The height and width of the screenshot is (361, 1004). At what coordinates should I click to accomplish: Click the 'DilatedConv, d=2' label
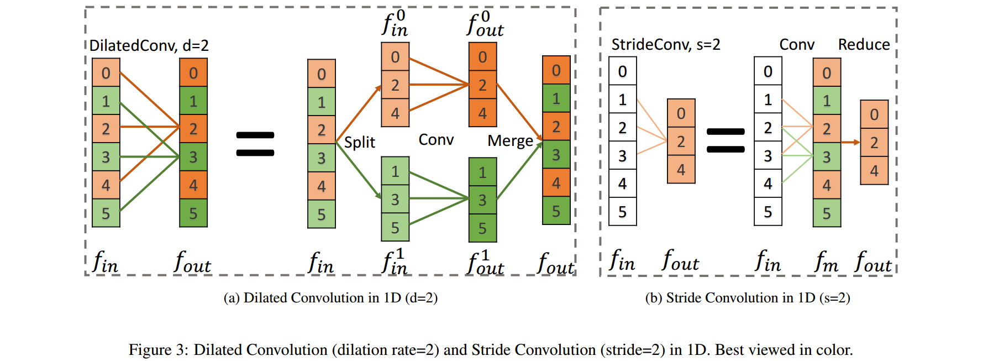[149, 45]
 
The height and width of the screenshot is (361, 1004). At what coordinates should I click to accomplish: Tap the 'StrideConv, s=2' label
[665, 44]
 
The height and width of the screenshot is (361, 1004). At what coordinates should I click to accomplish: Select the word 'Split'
[359, 143]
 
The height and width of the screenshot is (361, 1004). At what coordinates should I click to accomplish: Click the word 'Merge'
[509, 141]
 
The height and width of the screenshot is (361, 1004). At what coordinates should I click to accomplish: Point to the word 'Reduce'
[864, 44]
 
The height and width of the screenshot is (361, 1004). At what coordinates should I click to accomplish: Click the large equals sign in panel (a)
[255, 144]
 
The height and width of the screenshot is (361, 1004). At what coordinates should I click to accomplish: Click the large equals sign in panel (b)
[726, 140]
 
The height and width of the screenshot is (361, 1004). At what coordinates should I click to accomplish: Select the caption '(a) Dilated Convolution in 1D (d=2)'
[330, 298]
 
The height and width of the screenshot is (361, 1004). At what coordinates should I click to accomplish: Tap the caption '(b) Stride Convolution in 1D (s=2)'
[747, 298]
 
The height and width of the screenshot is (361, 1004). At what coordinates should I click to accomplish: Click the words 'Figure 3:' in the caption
[159, 350]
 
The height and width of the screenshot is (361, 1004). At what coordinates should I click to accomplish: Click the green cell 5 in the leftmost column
[106, 213]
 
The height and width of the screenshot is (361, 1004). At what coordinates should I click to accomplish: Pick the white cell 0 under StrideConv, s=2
[622, 71]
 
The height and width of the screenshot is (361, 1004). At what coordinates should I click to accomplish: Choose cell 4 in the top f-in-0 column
[395, 113]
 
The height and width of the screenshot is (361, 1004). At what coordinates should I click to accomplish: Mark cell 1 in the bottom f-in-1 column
[395, 171]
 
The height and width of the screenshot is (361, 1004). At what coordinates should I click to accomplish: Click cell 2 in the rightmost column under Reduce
[874, 143]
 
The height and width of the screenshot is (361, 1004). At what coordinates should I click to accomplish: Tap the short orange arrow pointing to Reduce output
[850, 142]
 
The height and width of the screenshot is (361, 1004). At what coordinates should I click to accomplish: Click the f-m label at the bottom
[826, 261]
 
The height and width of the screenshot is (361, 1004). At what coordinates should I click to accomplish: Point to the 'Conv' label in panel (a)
[435, 140]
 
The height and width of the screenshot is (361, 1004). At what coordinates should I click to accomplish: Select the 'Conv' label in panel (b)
[796, 44]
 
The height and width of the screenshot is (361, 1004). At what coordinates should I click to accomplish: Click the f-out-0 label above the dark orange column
[485, 25]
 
